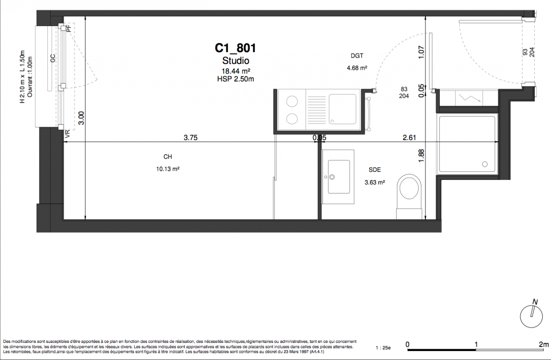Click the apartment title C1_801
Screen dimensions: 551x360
click(x=235, y=48)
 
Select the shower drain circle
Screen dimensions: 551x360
click(x=485, y=164)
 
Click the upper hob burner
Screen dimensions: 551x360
click(x=292, y=101)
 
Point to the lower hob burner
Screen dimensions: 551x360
click(x=292, y=119)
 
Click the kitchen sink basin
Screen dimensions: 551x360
click(x=343, y=109)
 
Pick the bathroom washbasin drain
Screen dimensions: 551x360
click(x=332, y=177)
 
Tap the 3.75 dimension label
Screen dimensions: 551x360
click(x=190, y=137)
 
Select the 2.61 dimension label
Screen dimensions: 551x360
click(x=409, y=137)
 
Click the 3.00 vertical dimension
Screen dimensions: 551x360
click(x=81, y=118)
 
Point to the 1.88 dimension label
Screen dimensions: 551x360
click(x=421, y=156)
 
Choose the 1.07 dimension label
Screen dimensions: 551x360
click(x=421, y=52)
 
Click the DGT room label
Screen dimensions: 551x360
click(x=357, y=56)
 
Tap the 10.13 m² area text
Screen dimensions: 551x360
click(x=168, y=169)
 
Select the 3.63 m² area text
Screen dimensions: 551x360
click(x=375, y=182)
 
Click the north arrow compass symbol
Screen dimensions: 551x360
click(x=531, y=316)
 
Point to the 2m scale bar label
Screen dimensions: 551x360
click(x=544, y=345)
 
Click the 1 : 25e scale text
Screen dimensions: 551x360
click(x=383, y=348)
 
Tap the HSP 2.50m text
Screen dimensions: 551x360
click(x=235, y=79)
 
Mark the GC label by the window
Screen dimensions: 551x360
click(x=53, y=58)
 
